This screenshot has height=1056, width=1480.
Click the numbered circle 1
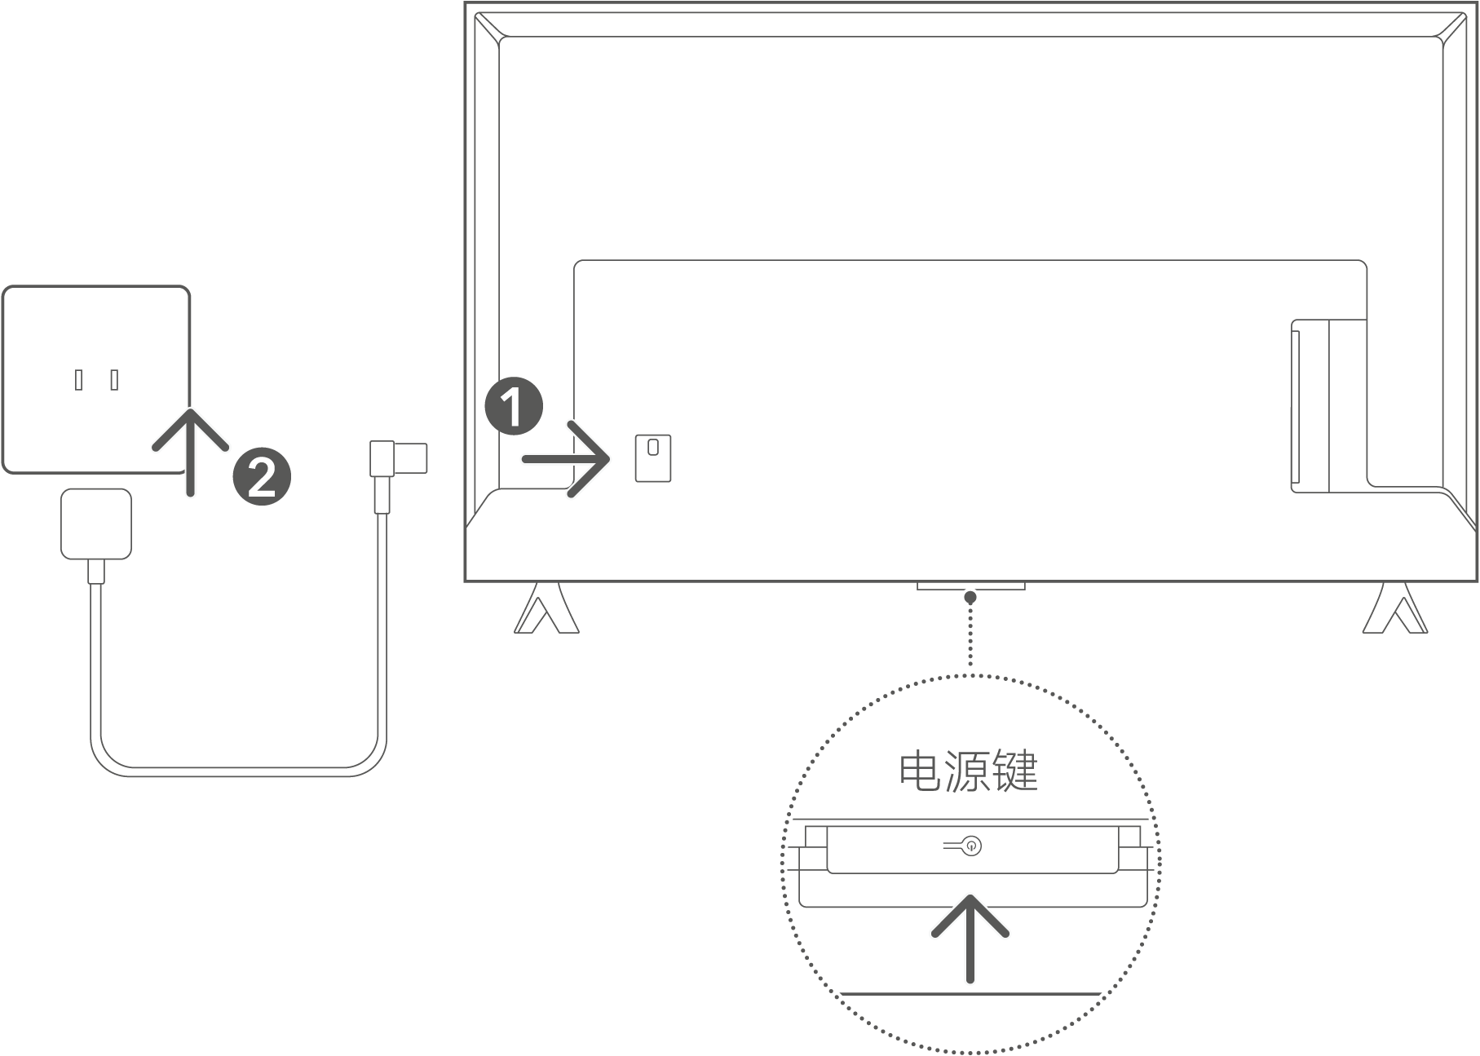[x=514, y=405]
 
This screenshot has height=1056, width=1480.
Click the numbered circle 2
[x=262, y=476]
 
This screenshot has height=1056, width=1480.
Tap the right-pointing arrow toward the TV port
[x=568, y=460]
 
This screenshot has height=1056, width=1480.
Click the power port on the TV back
[x=653, y=457]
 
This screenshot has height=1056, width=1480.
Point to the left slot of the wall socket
[x=79, y=379]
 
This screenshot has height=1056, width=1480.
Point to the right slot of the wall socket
[x=114, y=379]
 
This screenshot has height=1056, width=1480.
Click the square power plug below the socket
[x=96, y=524]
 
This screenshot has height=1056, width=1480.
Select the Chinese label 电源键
[x=969, y=771]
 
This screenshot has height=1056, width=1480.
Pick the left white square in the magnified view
[x=815, y=837]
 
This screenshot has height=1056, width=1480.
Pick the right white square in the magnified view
[x=1129, y=837]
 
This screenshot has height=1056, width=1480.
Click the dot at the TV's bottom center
[x=970, y=598]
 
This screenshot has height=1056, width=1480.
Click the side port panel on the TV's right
[x=1328, y=406]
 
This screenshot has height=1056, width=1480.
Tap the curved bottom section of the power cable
[x=236, y=771]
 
